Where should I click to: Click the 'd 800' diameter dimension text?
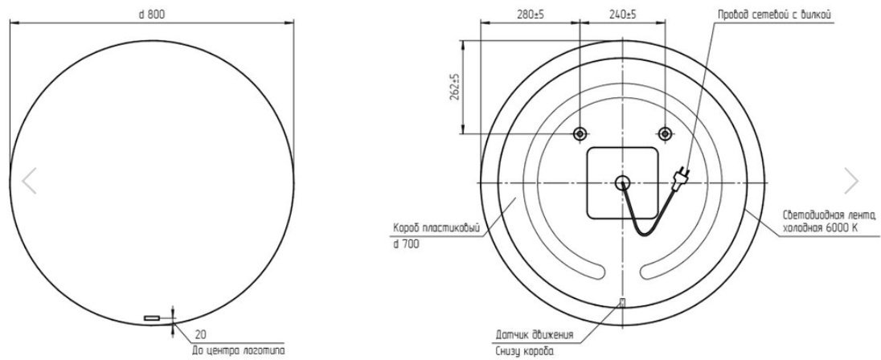[x=152, y=15]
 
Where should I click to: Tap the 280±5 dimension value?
[x=530, y=15]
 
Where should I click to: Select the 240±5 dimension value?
[x=622, y=15]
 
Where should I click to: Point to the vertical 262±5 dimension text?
[x=455, y=87]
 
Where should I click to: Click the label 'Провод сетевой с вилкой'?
[x=773, y=15]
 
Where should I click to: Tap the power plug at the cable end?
[x=680, y=176]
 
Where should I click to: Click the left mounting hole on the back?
[x=580, y=133]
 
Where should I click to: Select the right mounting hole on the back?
[x=665, y=133]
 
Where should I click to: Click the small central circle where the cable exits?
[x=622, y=182]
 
